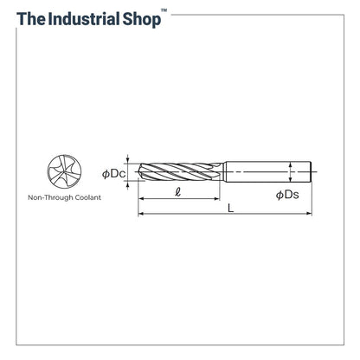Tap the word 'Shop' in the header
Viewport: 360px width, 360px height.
point(139,18)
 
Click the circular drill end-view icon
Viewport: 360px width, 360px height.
point(64,171)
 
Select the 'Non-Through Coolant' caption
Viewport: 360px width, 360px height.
point(64,198)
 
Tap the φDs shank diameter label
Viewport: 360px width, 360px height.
point(287,196)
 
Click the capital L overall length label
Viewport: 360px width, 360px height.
point(229,209)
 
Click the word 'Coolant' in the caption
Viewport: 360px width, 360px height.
point(87,198)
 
